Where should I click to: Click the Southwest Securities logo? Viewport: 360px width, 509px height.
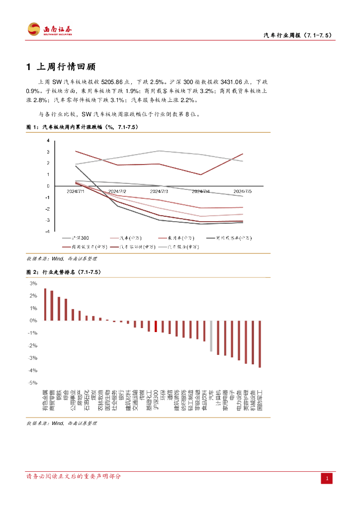coord(50,29)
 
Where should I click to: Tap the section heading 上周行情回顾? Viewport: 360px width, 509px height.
coord(66,67)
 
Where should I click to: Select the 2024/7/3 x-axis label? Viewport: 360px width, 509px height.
coord(159,191)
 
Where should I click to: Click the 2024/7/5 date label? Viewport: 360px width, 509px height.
coord(243,191)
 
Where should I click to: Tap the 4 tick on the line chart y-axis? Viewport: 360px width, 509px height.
coord(48,140)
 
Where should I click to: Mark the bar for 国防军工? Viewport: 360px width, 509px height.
coord(260,344)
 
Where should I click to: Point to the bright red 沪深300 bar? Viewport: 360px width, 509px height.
coord(156,326)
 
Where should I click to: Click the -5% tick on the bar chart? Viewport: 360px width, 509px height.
coord(34,383)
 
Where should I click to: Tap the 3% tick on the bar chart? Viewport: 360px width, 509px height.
coord(34,283)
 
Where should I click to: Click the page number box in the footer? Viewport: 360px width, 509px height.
coord(327,479)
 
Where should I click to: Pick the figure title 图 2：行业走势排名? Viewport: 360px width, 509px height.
coord(63,272)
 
